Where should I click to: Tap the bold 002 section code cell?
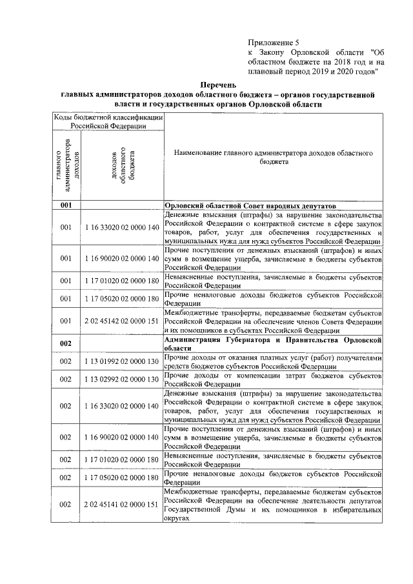[x=66, y=343]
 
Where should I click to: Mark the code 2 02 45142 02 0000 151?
[x=121, y=320]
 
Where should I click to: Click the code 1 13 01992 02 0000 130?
[x=121, y=362]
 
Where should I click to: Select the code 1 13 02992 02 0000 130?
[x=121, y=379]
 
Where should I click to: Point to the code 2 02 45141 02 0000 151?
[x=121, y=504]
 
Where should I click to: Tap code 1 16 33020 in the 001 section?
[x=121, y=228]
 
